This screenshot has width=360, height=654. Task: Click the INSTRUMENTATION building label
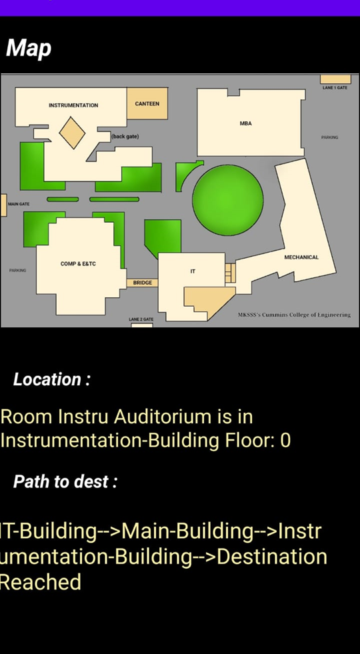coord(73,105)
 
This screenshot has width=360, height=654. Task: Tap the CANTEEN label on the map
coord(147,103)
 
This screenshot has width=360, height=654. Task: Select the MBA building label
coord(246,123)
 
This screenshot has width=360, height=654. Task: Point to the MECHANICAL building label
coord(301,257)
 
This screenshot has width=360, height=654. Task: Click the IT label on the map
coord(193,271)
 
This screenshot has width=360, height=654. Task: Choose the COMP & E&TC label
coord(78,263)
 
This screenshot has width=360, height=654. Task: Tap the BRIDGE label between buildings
coord(143,283)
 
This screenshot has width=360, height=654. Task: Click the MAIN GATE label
coord(19,204)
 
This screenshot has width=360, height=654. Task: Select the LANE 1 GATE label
coord(335,87)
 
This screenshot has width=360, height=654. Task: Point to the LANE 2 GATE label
coord(141,319)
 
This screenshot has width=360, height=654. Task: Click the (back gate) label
coord(125,137)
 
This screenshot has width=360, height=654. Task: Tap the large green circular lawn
coord(228,200)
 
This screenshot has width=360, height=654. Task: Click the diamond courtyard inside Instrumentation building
coord(72,133)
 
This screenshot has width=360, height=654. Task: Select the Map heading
coord(29,49)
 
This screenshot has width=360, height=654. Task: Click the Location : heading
coord(52,379)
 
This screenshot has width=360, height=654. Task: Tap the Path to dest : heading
coord(65,482)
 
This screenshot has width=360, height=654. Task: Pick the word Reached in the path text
coord(41,582)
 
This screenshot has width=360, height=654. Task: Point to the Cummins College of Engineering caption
coord(294,315)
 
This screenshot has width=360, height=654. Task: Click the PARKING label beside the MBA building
coord(329,137)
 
